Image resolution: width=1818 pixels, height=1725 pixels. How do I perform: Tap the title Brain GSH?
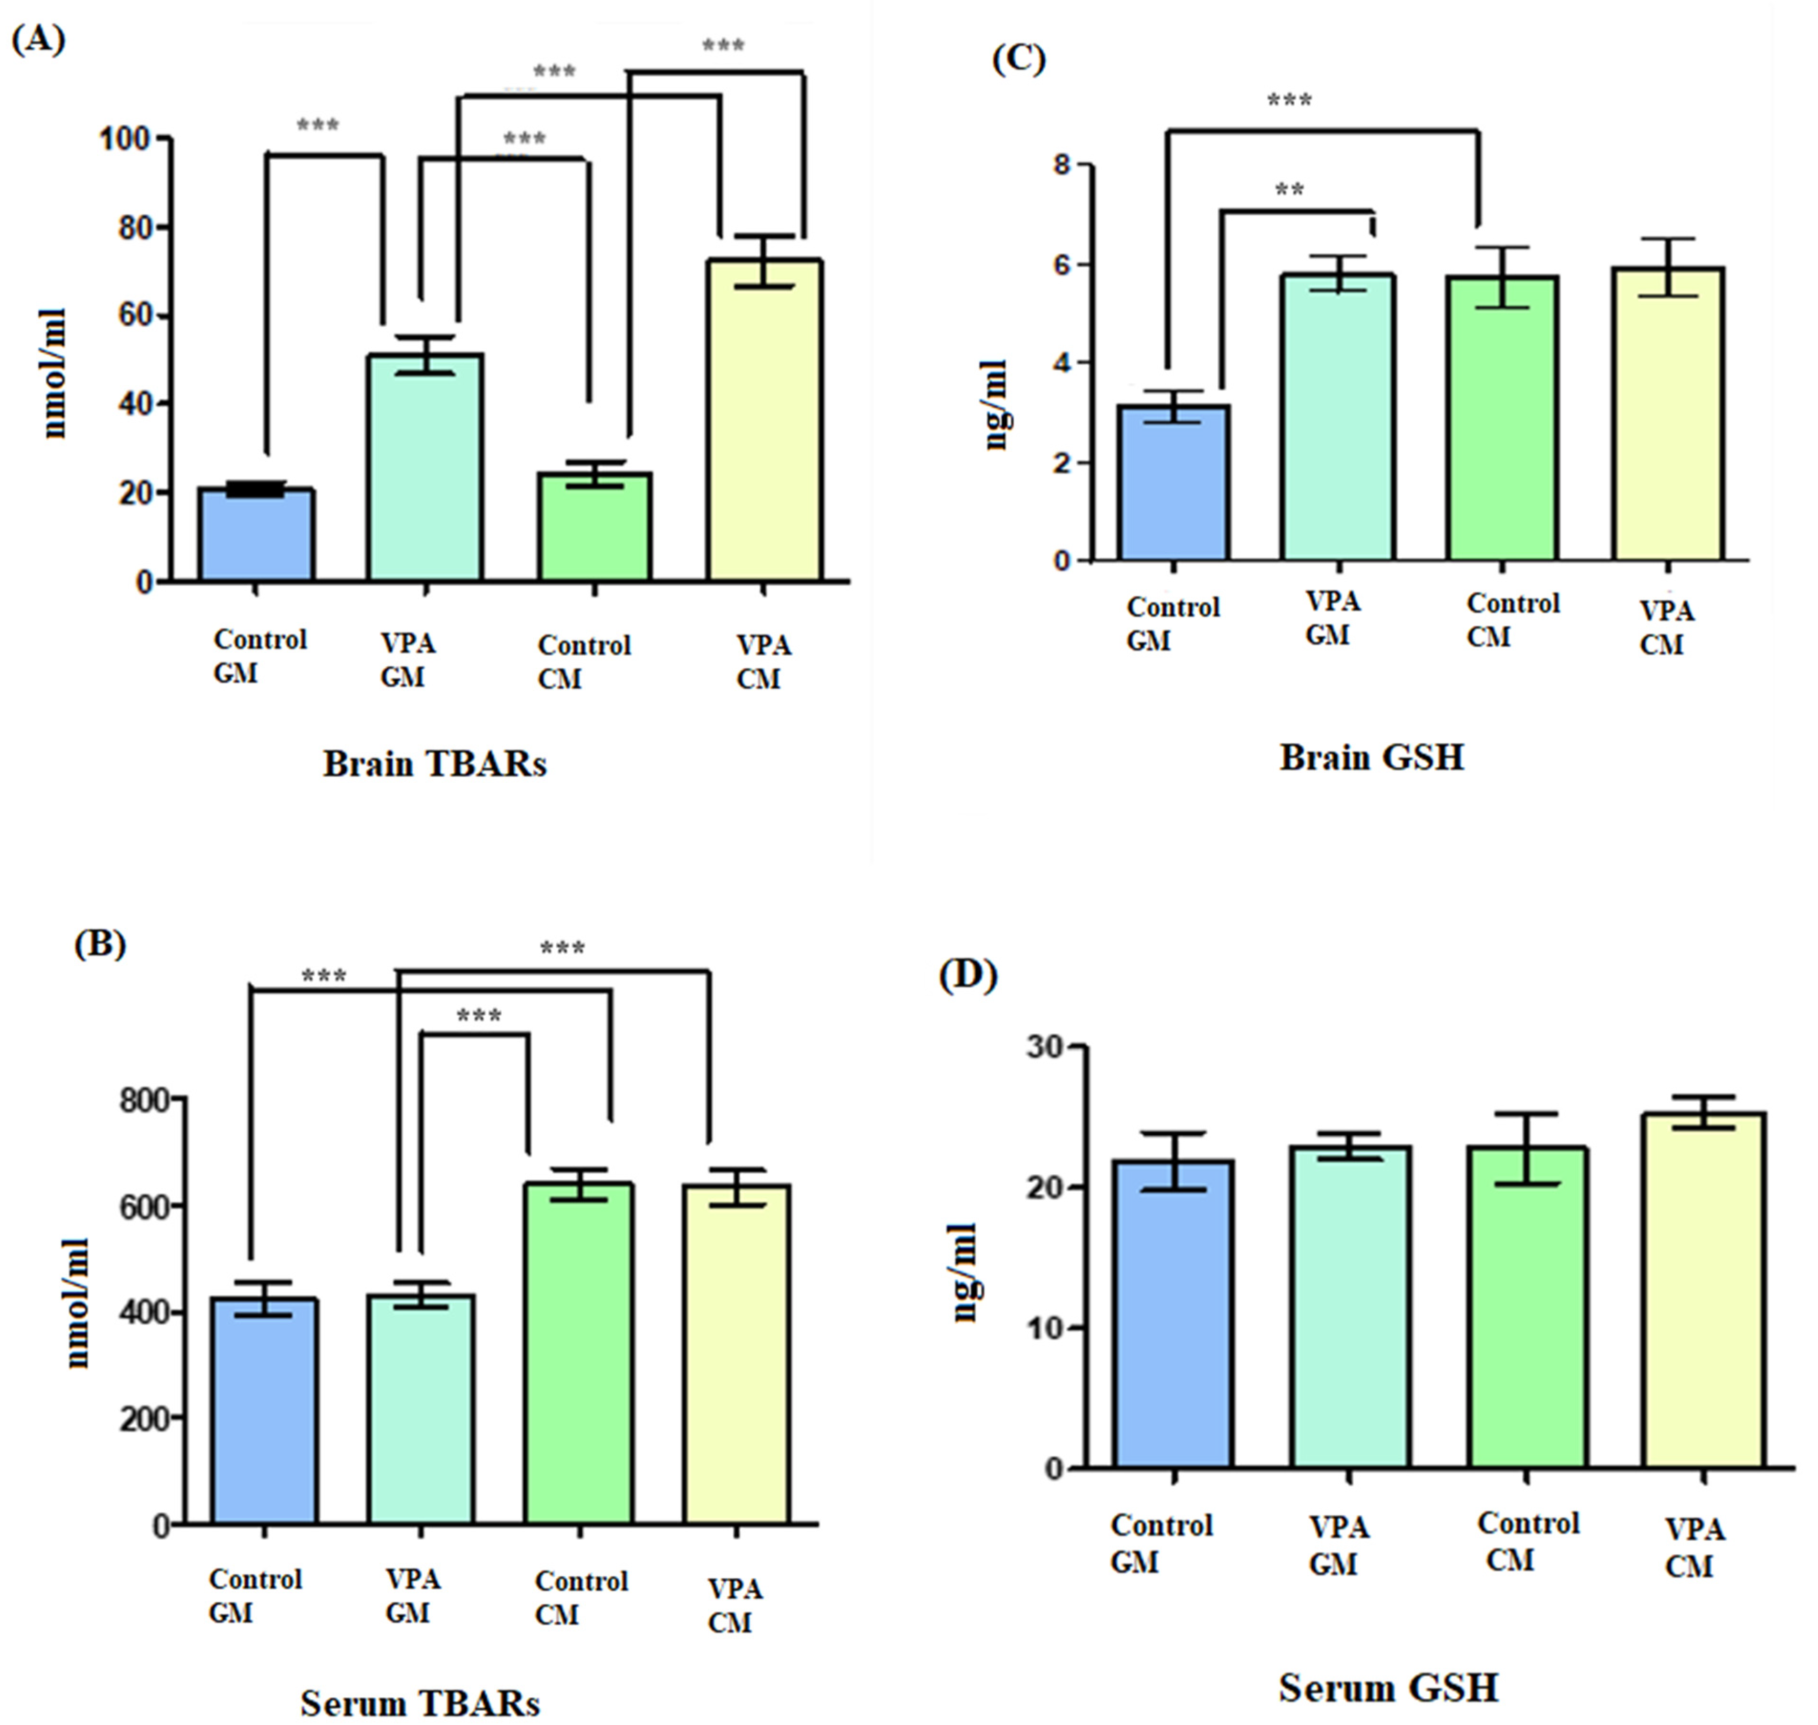point(1371,757)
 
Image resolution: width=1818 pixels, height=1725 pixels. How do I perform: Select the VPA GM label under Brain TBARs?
point(407,660)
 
